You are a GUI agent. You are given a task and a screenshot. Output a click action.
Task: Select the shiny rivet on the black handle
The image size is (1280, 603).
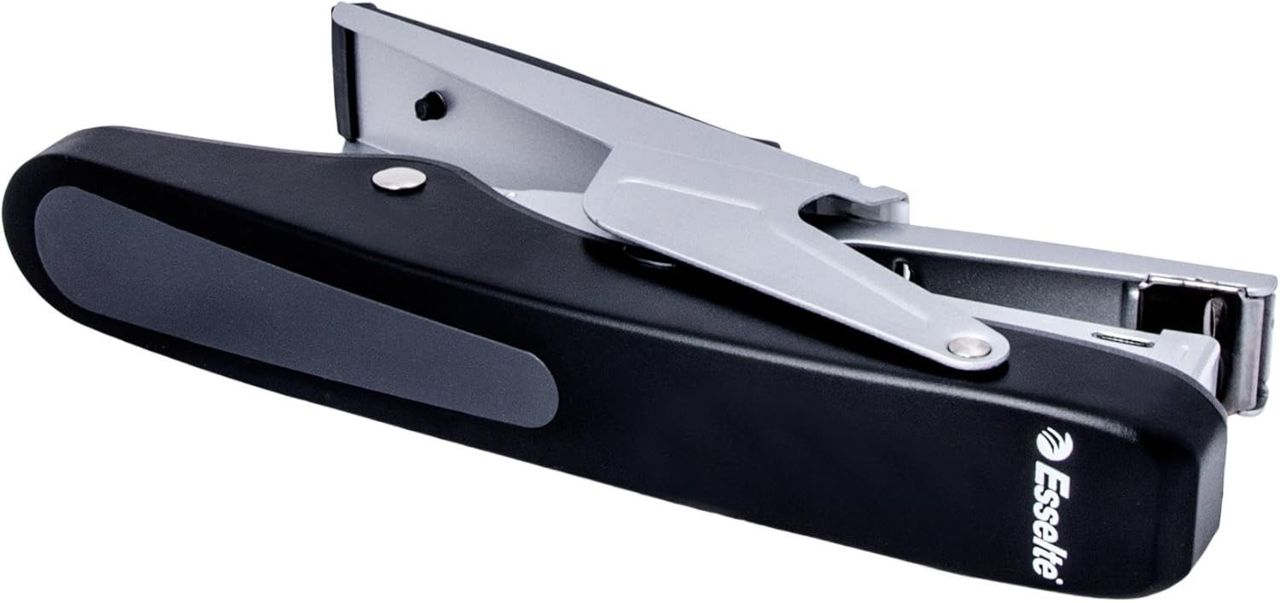point(399,180)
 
